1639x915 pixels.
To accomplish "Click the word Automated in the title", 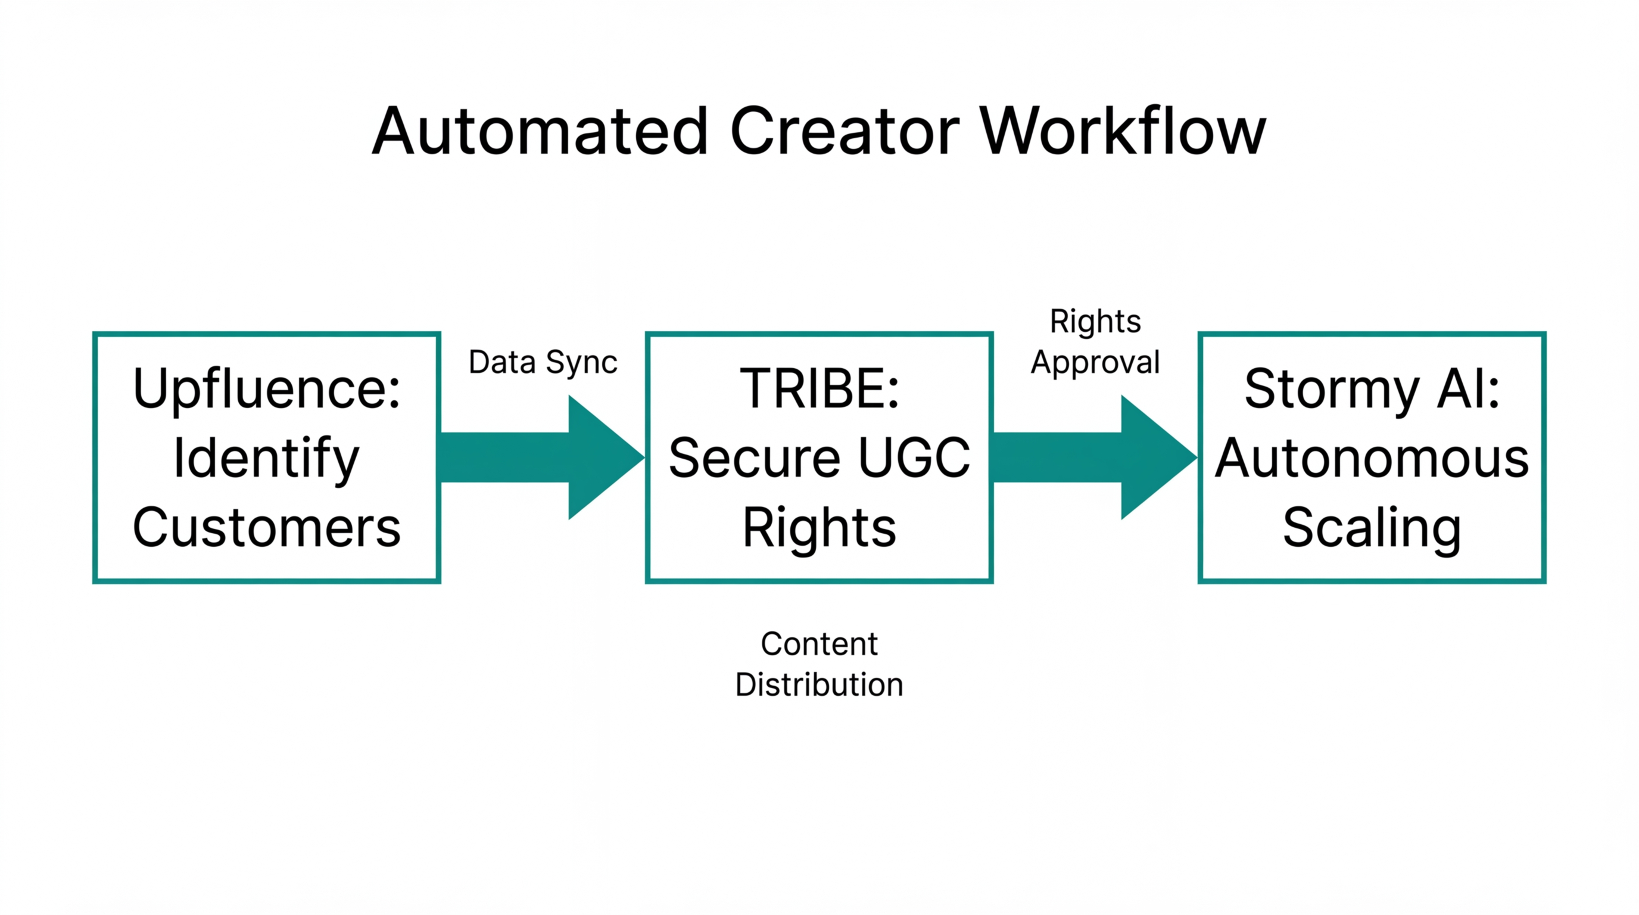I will coord(540,132).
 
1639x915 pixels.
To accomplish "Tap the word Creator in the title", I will coord(845,132).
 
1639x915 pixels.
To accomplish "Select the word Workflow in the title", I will coord(1123,132).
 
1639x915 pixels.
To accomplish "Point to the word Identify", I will coord(267,459).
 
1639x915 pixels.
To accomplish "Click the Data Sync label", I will coord(543,363).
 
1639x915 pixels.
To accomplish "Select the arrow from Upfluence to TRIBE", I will coord(541,457).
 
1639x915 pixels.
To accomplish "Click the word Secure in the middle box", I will coord(754,459).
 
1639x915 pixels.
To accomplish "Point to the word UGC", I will coord(914,459).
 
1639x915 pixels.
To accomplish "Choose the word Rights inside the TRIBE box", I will coord(819,528).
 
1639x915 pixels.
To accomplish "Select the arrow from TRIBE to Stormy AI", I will coord(1093,457).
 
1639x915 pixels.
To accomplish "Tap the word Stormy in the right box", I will coord(1331,389).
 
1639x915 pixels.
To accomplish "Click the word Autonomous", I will coord(1372,459).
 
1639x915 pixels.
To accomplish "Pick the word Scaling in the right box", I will coord(1372,528).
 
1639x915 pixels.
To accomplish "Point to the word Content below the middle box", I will coord(819,644).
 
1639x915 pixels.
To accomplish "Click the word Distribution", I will coord(819,685).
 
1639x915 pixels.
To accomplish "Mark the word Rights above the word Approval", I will coord(1095,321).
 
